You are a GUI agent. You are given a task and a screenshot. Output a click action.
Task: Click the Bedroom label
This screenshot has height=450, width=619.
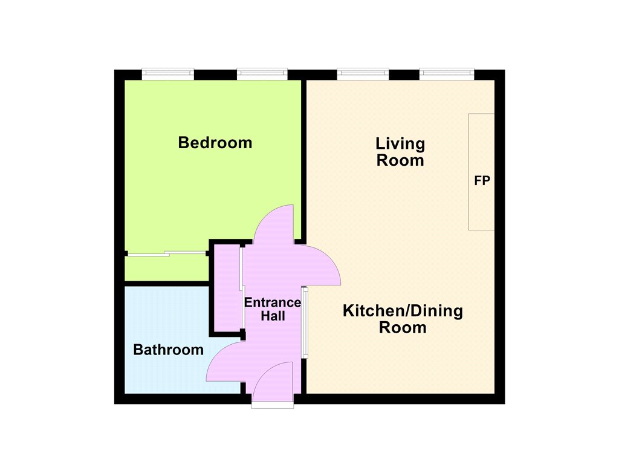coord(215,143)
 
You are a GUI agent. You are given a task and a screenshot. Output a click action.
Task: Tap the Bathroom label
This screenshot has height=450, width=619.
coord(168,350)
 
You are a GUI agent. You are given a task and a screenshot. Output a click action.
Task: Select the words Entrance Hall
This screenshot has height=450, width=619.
coord(273,309)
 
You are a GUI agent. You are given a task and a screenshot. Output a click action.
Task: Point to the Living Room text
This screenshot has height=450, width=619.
coord(400,152)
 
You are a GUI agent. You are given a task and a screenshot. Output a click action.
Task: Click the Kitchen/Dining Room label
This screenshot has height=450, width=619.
coord(403,319)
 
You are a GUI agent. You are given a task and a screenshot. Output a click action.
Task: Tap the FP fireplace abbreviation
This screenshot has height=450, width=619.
coord(482,181)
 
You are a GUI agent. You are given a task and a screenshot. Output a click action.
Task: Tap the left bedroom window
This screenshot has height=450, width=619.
coord(168,73)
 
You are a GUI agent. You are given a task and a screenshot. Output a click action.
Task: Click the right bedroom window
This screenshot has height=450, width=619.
coord(262,73)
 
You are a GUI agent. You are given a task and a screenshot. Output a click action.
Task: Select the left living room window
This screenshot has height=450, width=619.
coord(363,73)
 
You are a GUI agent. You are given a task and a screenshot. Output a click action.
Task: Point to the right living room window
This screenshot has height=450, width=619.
coord(447,73)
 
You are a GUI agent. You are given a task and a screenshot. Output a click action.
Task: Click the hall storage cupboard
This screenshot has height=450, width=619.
coord(227,288)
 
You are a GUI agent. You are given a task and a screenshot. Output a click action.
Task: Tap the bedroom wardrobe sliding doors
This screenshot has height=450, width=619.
coord(167,253)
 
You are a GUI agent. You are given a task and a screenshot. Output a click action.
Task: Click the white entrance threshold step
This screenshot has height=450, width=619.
coord(273,405)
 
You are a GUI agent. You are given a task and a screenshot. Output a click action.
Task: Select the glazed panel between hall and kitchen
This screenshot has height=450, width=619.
coord(305,322)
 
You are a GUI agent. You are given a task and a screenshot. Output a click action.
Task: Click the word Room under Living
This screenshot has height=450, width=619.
coord(400,160)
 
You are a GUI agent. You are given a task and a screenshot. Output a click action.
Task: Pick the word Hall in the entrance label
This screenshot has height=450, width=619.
coord(273,316)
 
